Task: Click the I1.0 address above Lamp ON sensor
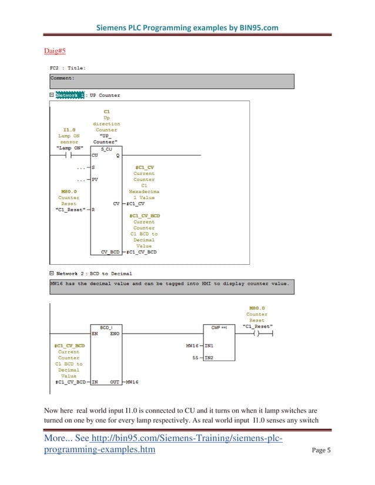click(x=69, y=130)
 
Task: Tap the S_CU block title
click(x=106, y=150)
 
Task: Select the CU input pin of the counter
click(x=95, y=156)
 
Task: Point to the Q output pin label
click(x=118, y=156)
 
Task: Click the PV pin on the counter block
click(x=95, y=180)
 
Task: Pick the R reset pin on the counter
click(x=93, y=210)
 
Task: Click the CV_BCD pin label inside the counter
click(x=111, y=252)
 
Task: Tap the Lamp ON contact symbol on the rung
click(x=62, y=156)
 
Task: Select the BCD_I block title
click(x=106, y=326)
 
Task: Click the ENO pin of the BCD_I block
click(x=115, y=333)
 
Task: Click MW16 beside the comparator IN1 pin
click(x=192, y=345)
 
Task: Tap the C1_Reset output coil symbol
click(x=256, y=333)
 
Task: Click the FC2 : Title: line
click(x=68, y=68)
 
